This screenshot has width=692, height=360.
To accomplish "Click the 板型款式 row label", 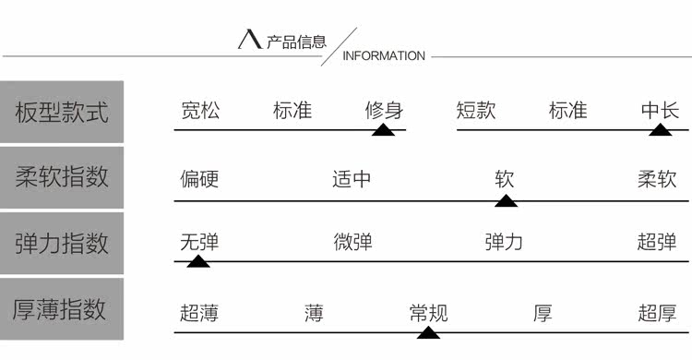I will tap(62, 113).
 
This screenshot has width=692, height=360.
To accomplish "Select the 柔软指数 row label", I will tap(62, 177).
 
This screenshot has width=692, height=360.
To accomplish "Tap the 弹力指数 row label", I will tap(62, 243).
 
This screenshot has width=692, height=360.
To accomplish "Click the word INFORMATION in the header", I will tap(384, 56).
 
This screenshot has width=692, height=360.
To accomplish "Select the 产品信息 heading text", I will tap(296, 42).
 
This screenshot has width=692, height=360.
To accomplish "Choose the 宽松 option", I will tap(200, 112).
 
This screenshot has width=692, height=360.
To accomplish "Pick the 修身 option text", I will tap(384, 112).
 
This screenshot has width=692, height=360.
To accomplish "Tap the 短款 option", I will tap(476, 112).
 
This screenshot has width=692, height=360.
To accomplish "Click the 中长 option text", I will tap(660, 112).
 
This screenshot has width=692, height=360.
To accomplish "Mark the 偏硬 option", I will tap(199, 178).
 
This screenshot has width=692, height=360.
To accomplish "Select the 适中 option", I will tap(352, 178).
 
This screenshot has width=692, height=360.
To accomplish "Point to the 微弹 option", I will tap(352, 243).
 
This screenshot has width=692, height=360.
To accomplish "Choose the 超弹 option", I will tap(657, 243).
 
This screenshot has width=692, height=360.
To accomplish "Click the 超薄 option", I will tap(199, 313).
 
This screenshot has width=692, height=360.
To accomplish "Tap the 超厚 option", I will tap(657, 313).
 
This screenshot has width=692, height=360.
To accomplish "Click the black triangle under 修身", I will tap(384, 130).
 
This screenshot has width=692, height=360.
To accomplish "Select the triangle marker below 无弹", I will tap(198, 261).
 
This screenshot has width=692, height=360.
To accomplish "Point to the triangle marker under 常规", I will tap(428, 331).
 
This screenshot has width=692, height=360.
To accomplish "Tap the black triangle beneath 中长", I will tap(660, 130).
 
